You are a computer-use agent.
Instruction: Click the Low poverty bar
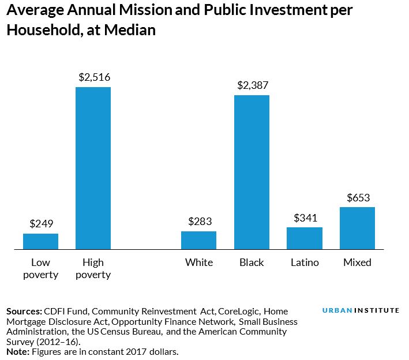pyautogui.click(x=40, y=242)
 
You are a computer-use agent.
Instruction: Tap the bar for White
pyautogui.click(x=198, y=241)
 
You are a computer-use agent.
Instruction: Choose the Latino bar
pyautogui.click(x=305, y=238)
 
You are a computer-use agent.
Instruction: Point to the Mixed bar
pyautogui.click(x=357, y=228)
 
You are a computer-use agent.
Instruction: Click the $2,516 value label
pyautogui.click(x=95, y=77)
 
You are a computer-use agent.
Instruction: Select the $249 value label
pyautogui.click(x=41, y=224)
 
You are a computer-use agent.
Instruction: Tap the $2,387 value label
pyautogui.click(x=253, y=85)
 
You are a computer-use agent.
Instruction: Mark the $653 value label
pyautogui.click(x=358, y=197)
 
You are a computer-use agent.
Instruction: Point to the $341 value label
pyautogui.click(x=305, y=217)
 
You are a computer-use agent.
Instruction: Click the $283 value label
pyautogui.click(x=200, y=222)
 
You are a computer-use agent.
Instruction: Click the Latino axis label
pyautogui.click(x=305, y=262)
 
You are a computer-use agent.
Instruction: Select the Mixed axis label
pyautogui.click(x=357, y=262)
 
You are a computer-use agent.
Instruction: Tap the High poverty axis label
pyautogui.click(x=93, y=268)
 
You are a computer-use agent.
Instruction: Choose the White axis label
pyautogui.click(x=199, y=262)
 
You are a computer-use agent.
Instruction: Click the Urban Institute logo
pyautogui.click(x=360, y=310)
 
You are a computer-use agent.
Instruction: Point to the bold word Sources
pyautogui.click(x=24, y=311)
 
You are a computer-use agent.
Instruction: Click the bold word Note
pyautogui.click(x=17, y=351)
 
